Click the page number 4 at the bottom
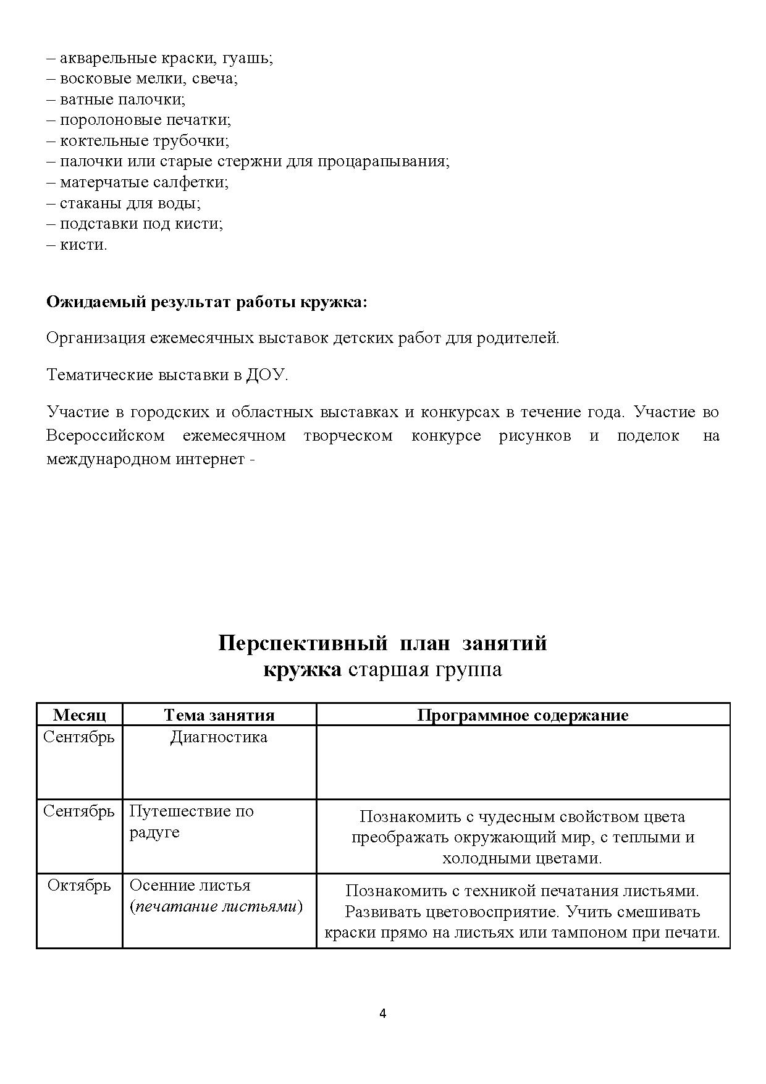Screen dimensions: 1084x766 tap(382, 1014)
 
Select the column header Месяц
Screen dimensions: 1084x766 tap(80, 715)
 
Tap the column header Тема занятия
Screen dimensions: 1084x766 tap(219, 715)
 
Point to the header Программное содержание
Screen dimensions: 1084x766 tap(523, 715)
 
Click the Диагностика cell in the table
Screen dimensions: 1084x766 tap(219, 737)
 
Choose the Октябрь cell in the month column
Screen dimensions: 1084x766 tap(80, 886)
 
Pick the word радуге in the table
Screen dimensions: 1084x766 tap(154, 832)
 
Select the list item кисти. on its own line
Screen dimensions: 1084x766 tap(83, 245)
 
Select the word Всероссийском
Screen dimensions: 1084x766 tap(105, 436)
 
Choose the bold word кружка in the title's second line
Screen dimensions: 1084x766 tap(302, 670)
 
